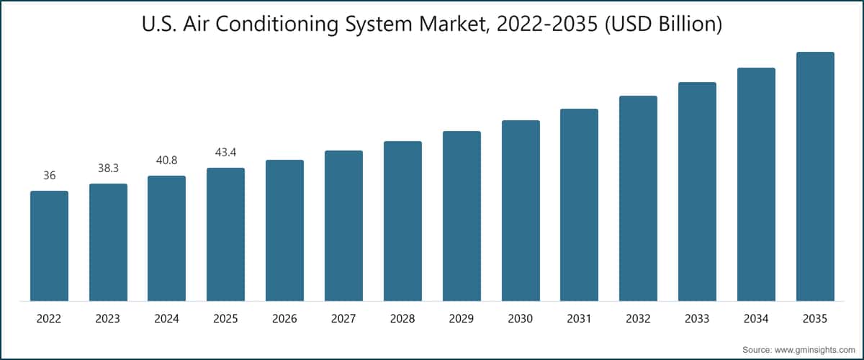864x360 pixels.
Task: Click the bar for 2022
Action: (49, 246)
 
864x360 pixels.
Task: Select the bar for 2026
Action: (284, 230)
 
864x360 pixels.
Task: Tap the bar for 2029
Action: (462, 216)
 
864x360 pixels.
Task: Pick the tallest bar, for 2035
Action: (815, 176)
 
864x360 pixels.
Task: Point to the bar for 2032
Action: (638, 198)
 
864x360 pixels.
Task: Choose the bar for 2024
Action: (166, 238)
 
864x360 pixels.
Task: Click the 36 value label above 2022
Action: (49, 176)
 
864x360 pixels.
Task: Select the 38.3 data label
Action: (108, 168)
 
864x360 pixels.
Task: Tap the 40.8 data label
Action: (166, 161)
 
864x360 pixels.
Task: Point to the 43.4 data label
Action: (225, 153)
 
